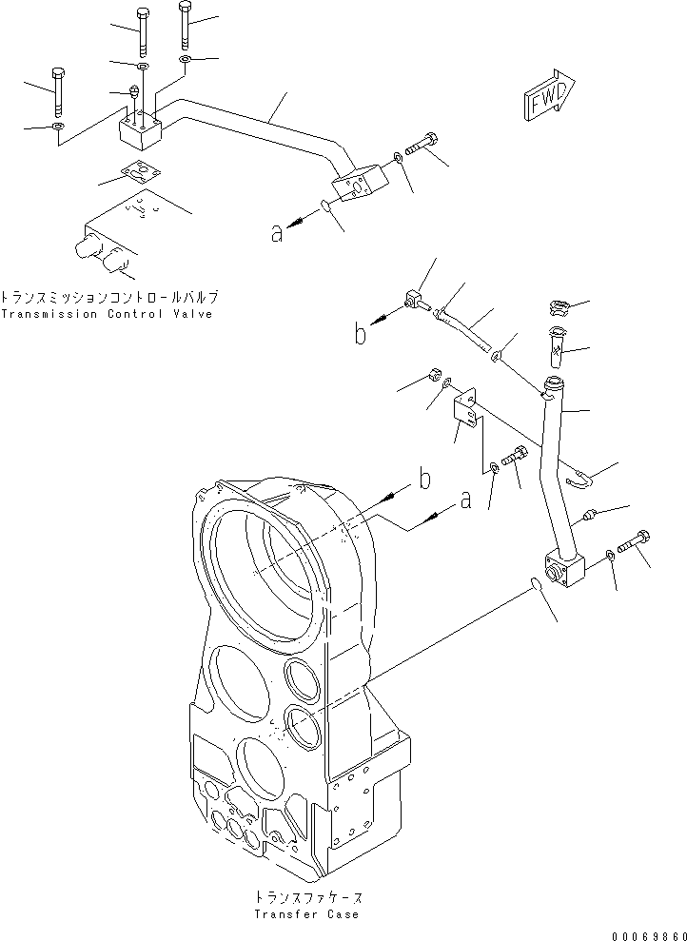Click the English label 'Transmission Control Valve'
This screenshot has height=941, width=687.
click(107, 314)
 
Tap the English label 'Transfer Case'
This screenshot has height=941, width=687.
click(306, 914)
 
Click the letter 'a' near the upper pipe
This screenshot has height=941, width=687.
click(277, 232)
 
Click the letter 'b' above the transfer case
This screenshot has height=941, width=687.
click(424, 479)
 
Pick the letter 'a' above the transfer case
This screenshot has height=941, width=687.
click(464, 500)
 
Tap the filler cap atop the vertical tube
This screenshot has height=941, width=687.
click(559, 306)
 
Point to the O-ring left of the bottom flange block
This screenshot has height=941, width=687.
click(539, 584)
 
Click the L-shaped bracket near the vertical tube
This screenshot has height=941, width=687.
click(466, 410)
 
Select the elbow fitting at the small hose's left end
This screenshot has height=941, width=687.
click(411, 300)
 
